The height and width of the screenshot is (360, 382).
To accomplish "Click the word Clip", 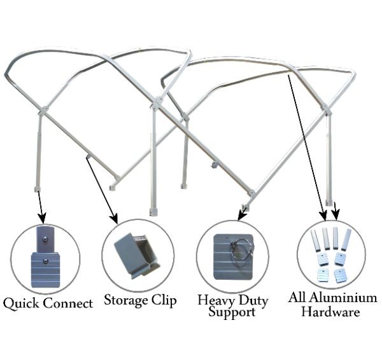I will (x=164, y=299).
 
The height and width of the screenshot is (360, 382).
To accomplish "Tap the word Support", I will (x=232, y=312).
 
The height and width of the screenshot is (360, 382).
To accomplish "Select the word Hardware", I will (x=330, y=312).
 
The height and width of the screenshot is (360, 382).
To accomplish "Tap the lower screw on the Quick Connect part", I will (x=44, y=260).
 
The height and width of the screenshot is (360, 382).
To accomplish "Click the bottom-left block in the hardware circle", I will (x=322, y=276).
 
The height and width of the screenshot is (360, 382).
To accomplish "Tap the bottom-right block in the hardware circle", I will (x=340, y=275).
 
